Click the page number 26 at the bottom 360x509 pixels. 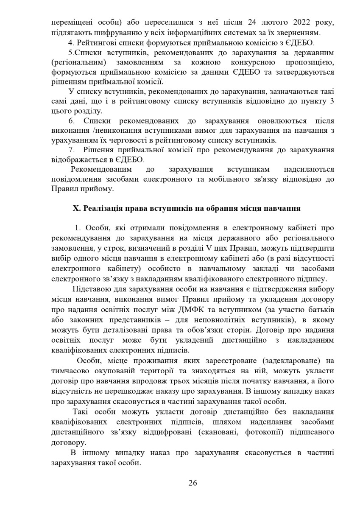tap(193, 483)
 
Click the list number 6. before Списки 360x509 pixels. tap(71, 121)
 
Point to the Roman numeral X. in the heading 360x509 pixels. tap(77, 209)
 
